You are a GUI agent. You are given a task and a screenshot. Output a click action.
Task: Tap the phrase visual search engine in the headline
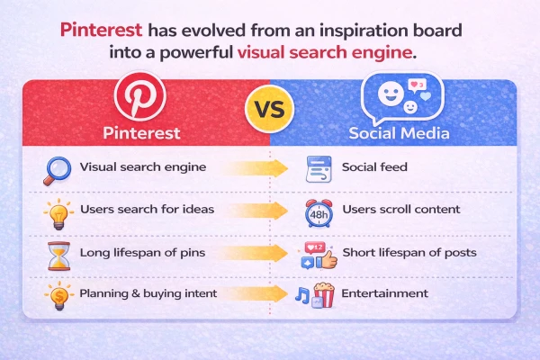click(x=325, y=52)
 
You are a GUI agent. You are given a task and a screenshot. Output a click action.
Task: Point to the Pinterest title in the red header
click(x=142, y=133)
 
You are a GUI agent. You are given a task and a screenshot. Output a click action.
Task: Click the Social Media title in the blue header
click(x=393, y=133)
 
